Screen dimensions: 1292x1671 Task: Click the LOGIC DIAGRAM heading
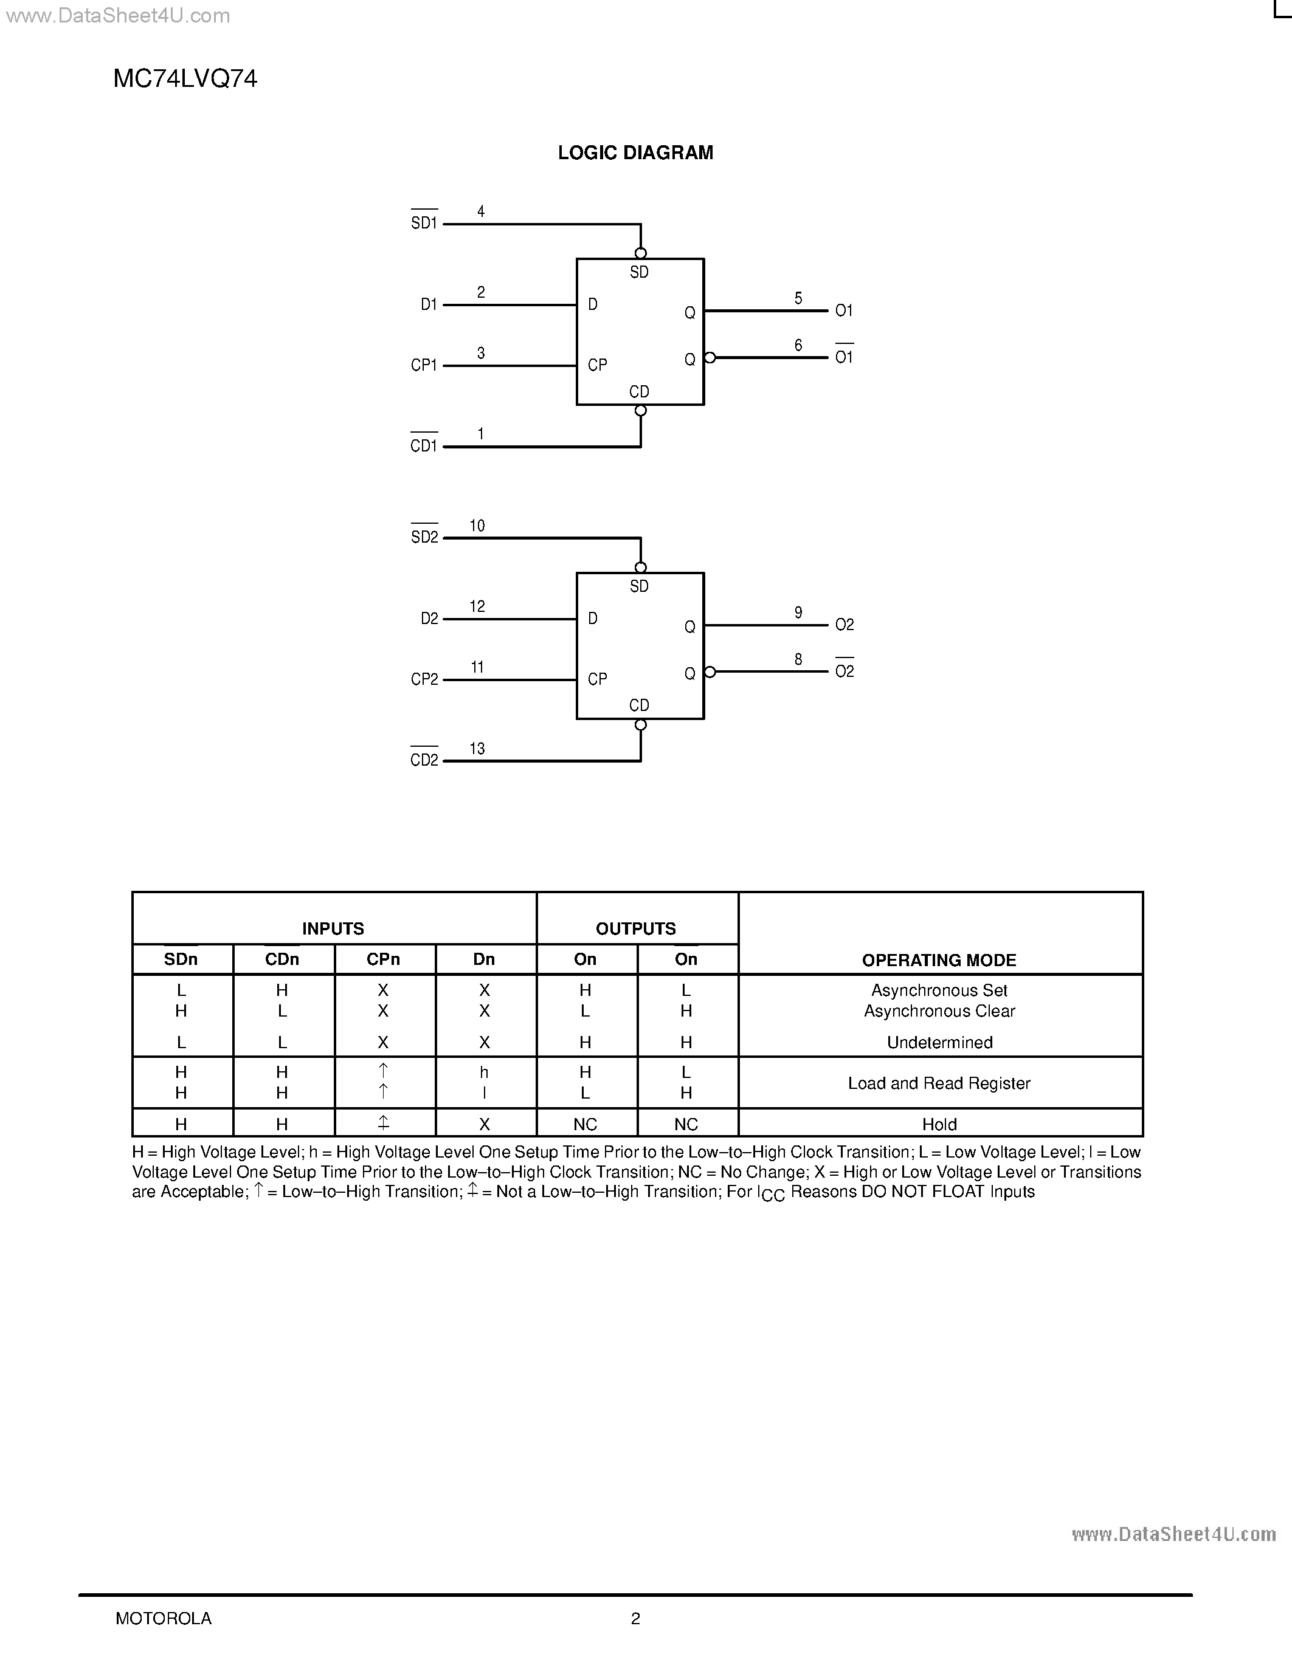635,153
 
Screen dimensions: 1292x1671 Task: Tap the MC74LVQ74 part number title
185,79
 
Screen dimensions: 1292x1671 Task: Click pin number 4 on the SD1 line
481,211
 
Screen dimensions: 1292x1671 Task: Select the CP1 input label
424,366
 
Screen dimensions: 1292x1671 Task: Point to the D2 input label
429,618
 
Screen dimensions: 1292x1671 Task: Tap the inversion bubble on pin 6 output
710,357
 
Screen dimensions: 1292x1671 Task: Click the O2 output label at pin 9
845,625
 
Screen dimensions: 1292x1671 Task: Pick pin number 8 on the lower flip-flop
798,659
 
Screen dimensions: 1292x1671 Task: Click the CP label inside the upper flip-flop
597,366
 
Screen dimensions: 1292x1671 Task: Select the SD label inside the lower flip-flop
639,586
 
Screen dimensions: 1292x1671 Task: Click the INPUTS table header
333,928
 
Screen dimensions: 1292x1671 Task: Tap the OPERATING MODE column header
939,960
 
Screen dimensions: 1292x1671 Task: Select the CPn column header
384,959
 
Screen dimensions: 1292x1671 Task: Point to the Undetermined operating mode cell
939,1042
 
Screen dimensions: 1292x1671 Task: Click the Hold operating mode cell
939,1124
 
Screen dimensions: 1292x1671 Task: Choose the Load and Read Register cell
939,1083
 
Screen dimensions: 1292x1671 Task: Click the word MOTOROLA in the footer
163,1618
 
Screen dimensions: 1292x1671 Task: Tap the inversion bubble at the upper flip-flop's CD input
641,411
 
